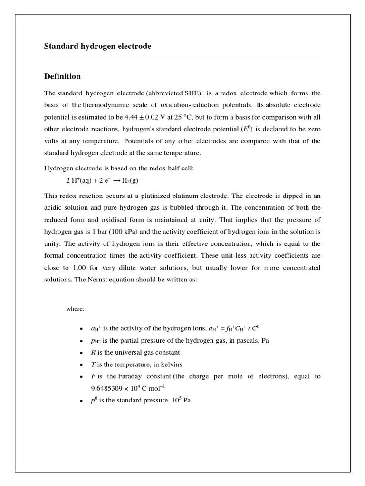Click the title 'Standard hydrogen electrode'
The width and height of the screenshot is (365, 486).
point(97,46)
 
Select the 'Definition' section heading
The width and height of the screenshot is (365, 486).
point(62,76)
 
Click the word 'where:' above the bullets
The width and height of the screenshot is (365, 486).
point(75,309)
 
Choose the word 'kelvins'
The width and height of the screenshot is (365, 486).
point(171,364)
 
